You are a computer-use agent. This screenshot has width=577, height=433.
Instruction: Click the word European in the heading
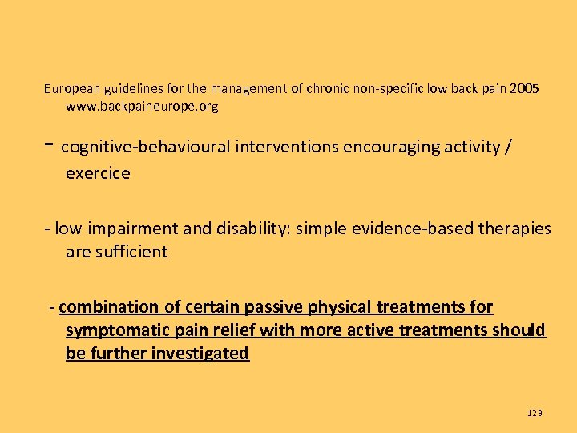(x=70, y=88)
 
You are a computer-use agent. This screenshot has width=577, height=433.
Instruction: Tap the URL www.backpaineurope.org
(x=142, y=106)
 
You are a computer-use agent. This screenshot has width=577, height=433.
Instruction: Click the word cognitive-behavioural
(x=145, y=147)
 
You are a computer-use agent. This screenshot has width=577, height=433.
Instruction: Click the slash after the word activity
(x=510, y=147)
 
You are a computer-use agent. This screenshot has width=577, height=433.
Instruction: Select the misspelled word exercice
(x=98, y=173)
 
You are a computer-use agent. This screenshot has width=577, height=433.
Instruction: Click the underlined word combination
(x=109, y=307)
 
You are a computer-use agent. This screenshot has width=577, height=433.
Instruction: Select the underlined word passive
(x=264, y=307)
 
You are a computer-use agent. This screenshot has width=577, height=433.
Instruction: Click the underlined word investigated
(x=200, y=354)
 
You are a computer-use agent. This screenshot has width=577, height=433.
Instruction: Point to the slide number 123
(x=535, y=413)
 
